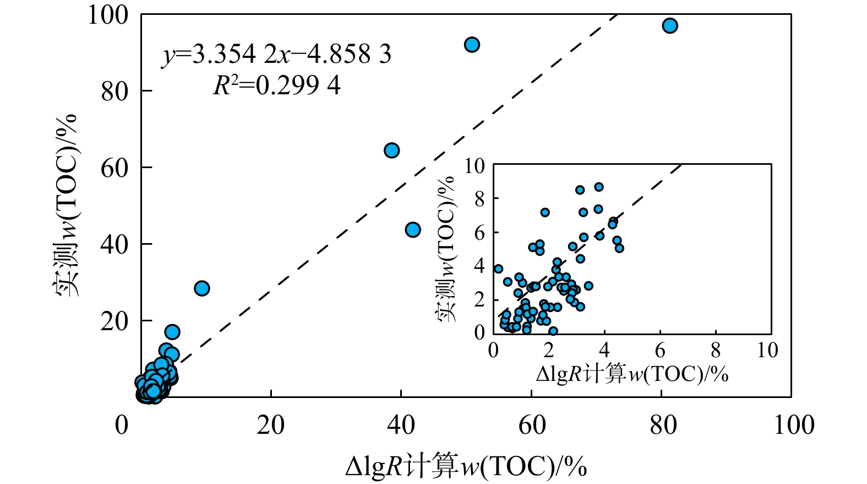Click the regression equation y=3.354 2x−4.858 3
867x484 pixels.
(276, 55)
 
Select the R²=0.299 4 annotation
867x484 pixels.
(276, 85)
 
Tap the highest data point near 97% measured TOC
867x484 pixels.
(669, 26)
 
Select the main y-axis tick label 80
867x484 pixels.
(114, 92)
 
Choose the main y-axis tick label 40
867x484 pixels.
(114, 244)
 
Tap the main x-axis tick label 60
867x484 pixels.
(532, 426)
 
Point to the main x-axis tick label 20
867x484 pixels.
(271, 426)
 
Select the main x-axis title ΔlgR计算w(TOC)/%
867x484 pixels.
(466, 466)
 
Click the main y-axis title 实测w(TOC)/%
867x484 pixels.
(66, 205)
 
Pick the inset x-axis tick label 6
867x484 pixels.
(660, 350)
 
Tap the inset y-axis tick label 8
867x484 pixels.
(480, 199)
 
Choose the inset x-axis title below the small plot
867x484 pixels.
(632, 374)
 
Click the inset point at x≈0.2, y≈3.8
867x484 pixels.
(498, 269)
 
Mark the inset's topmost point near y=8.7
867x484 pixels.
(599, 187)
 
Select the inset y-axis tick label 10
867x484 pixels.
(475, 165)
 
